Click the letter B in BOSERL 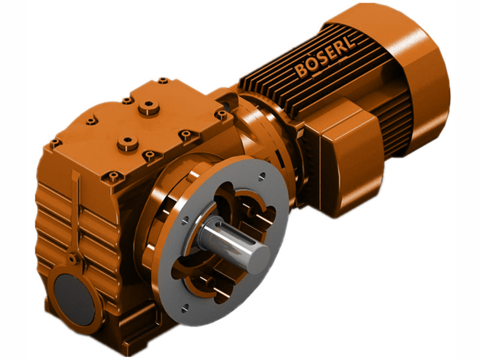(x=300, y=71)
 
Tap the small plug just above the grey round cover (x=73, y=259)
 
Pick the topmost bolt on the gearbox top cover (x=163, y=80)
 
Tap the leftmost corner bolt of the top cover (x=55, y=143)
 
